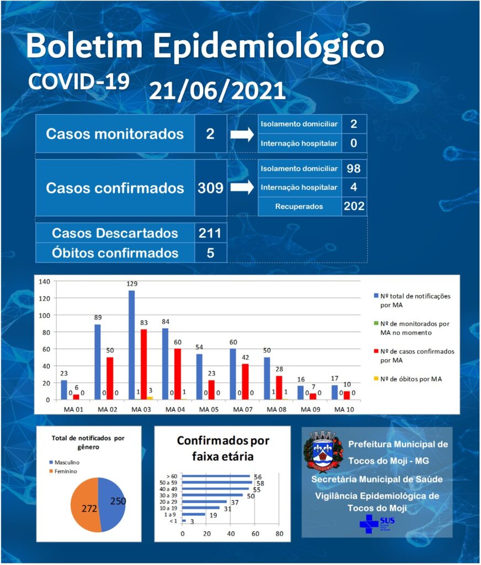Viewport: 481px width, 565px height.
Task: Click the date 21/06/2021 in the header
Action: tap(217, 90)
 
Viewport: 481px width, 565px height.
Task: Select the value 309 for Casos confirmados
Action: tap(210, 188)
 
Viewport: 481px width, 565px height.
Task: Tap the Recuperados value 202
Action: tap(354, 206)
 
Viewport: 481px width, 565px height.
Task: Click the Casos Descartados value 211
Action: tap(210, 233)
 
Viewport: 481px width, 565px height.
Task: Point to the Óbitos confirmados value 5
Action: tap(210, 253)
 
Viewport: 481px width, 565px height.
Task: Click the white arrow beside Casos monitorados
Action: tap(242, 135)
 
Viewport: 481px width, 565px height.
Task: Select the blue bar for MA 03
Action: tap(131, 345)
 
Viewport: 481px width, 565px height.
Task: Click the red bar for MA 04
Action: tap(178, 374)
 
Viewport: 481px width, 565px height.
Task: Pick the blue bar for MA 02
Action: tap(98, 362)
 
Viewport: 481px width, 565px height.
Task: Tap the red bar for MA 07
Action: tap(245, 382)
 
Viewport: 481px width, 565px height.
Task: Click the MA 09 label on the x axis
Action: tap(310, 409)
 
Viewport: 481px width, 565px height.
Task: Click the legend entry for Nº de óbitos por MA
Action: tap(408, 379)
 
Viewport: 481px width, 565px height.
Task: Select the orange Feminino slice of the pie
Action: tap(84, 504)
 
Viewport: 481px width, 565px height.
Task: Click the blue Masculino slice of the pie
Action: tap(111, 504)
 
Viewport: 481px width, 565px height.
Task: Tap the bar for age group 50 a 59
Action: tap(217, 482)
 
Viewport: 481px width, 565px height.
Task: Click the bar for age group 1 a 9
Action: tap(194, 514)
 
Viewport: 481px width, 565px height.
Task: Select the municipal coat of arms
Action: tap(323, 451)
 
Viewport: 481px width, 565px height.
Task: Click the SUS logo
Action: tap(377, 524)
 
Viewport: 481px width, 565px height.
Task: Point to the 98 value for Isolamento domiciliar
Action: tap(354, 168)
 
